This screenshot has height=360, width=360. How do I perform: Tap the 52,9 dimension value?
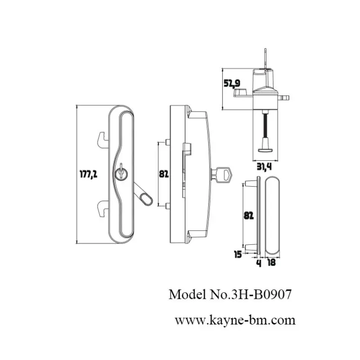tap(232, 83)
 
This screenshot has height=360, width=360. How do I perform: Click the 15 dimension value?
tap(238, 255)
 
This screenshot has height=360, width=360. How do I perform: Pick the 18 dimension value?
tap(272, 262)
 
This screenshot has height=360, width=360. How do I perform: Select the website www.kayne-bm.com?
tap(235, 320)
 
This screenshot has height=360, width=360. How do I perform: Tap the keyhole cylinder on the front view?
tap(121, 173)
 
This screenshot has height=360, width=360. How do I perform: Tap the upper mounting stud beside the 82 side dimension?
tap(167, 143)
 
